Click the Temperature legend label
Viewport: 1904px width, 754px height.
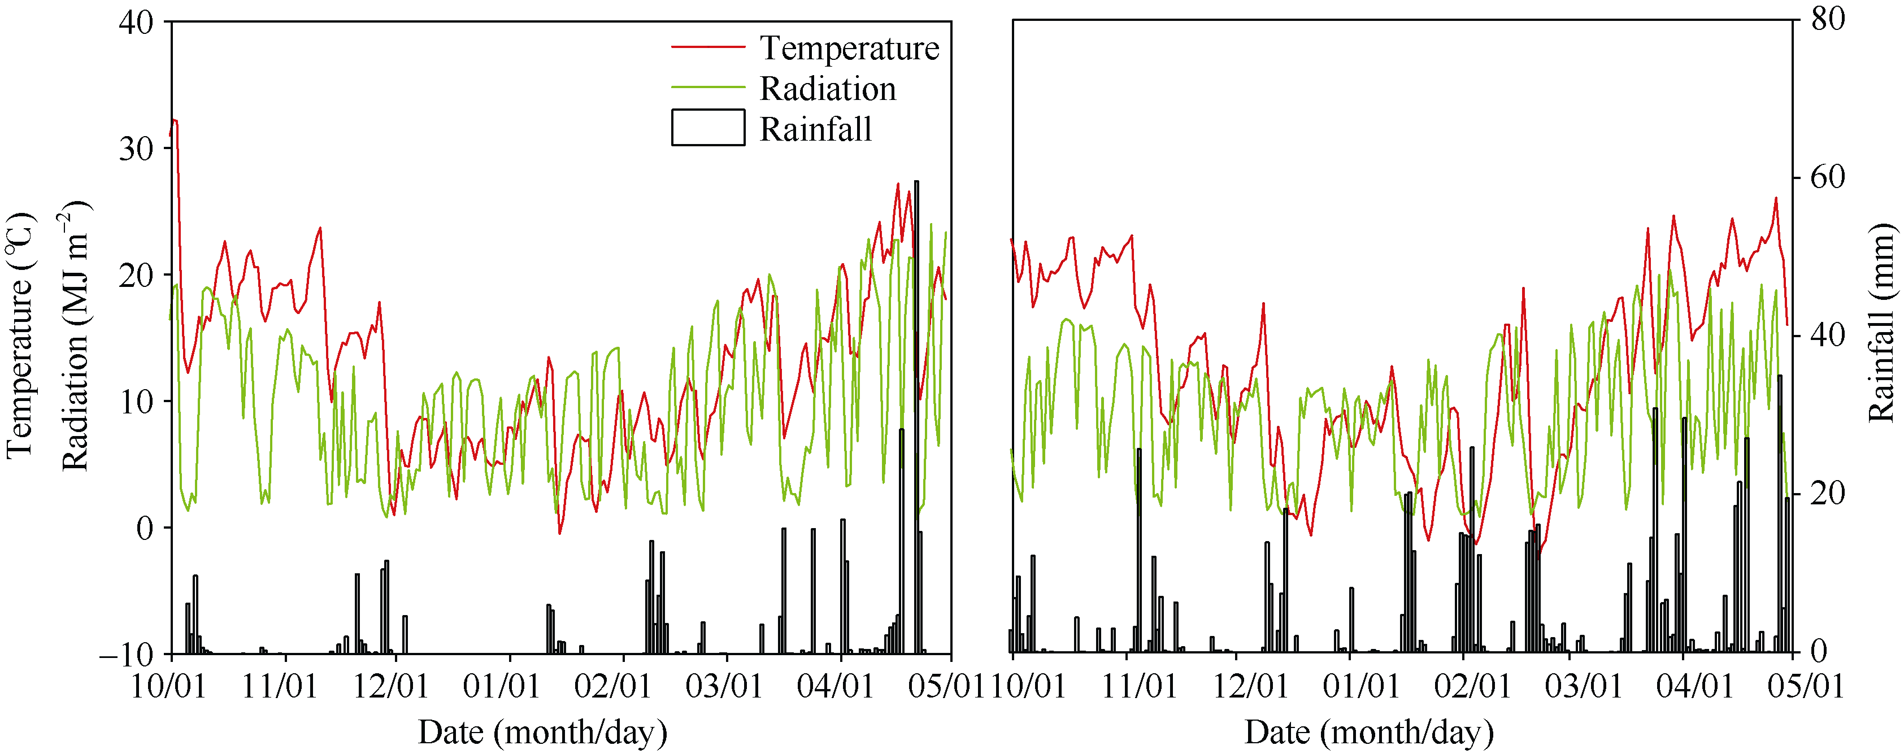point(849,48)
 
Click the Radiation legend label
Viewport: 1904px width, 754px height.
point(828,89)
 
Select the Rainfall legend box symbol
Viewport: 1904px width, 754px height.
point(707,127)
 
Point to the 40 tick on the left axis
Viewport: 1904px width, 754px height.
point(136,21)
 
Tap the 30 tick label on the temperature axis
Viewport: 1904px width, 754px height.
point(136,149)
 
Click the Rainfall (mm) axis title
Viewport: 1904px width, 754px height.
point(1881,323)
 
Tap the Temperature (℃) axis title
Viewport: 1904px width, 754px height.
point(21,337)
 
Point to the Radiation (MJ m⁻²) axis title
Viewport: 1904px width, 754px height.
point(75,337)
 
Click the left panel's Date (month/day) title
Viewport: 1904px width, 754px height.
point(542,733)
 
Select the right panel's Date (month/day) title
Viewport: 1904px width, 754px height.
point(1369,733)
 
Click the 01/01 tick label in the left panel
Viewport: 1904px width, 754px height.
point(502,687)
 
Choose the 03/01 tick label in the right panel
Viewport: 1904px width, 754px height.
point(1583,687)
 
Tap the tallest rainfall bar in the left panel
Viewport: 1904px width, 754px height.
point(916,414)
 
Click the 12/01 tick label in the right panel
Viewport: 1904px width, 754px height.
point(1251,687)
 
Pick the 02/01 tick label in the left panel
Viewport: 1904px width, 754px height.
point(614,687)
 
